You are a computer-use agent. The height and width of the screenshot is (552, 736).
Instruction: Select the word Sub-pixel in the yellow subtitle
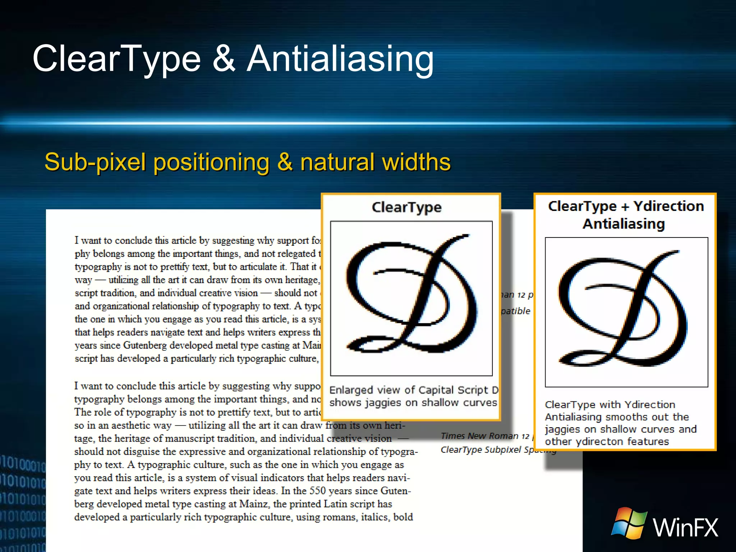click(95, 162)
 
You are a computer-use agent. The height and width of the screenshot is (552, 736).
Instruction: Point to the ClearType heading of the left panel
click(406, 208)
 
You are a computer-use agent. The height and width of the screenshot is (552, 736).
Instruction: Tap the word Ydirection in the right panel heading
click(668, 206)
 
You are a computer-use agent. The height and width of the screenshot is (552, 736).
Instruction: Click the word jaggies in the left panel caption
click(383, 403)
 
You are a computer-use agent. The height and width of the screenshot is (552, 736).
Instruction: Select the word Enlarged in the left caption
click(351, 390)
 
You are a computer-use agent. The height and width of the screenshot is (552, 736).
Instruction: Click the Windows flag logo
click(629, 523)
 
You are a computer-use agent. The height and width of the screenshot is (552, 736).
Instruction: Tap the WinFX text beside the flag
click(685, 528)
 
